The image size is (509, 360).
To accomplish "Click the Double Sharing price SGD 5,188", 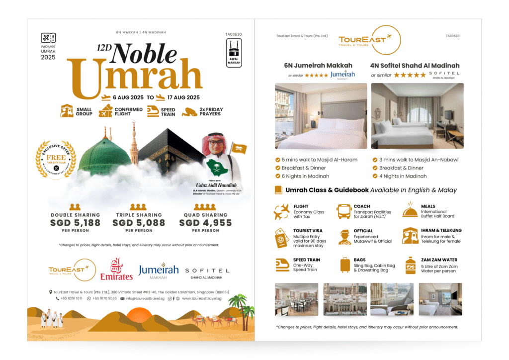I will [x=75, y=223].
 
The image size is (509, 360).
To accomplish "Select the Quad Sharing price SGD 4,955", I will [x=205, y=223].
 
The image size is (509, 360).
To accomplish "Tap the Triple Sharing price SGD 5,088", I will [x=139, y=223].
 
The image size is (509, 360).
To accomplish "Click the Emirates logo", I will [x=116, y=270].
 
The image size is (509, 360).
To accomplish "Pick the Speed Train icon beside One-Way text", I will [x=282, y=264].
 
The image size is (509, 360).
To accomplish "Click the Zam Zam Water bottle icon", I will [x=410, y=265].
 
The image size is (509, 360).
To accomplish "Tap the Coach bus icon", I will [x=344, y=211].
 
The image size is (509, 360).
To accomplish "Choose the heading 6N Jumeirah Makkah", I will [x=318, y=65].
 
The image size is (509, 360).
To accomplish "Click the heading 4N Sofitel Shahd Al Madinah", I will [x=415, y=65].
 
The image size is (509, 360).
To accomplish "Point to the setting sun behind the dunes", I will [x=136, y=315].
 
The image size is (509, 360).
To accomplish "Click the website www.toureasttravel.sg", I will [x=201, y=298].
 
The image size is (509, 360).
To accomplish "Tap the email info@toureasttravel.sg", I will [x=144, y=298].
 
